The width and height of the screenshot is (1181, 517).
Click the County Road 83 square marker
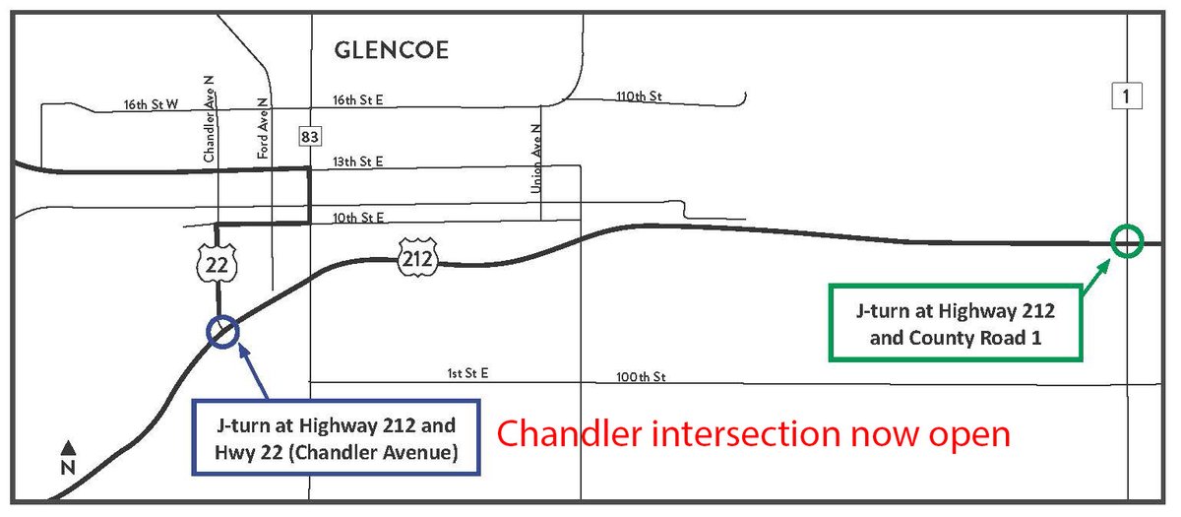tap(310, 135)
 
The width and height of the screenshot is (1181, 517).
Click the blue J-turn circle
tap(221, 332)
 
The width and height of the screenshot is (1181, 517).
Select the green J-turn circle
tap(1126, 241)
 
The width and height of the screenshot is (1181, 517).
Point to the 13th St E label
tap(357, 161)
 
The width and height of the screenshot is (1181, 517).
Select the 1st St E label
tap(468, 374)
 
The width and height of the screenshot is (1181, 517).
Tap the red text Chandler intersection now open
tap(754, 433)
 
